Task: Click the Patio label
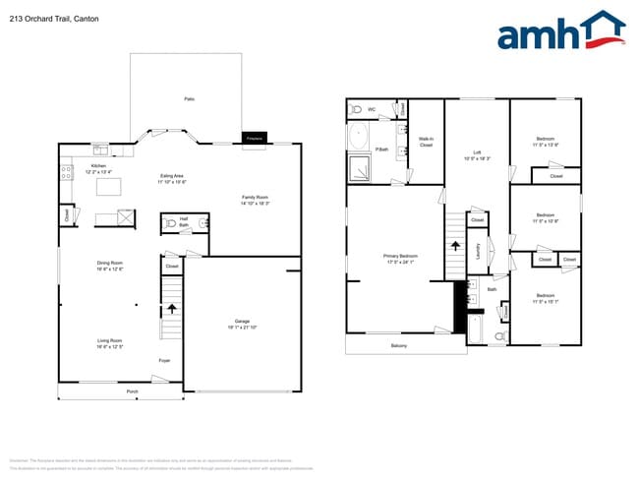[189, 99]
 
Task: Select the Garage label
[241, 324]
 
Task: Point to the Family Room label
[256, 200]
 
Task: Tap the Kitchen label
[98, 167]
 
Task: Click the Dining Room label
[109, 265]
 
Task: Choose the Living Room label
[109, 342]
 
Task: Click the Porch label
[132, 391]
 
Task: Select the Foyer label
[164, 361]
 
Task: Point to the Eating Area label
[173, 178]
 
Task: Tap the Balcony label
[399, 345]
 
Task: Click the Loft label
[477, 153]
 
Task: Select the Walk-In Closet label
[426, 142]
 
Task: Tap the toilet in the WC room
[356, 110]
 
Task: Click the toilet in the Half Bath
[172, 224]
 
